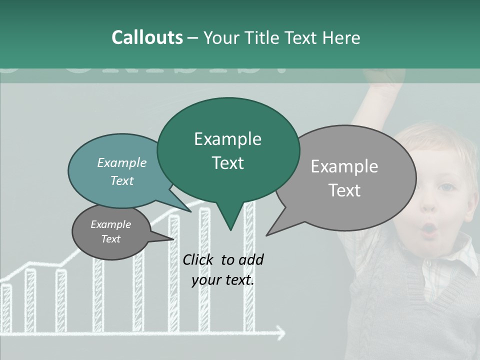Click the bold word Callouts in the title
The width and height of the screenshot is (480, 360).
click(147, 37)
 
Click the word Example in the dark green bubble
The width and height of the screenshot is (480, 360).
click(227, 139)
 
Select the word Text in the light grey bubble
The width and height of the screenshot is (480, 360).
click(344, 190)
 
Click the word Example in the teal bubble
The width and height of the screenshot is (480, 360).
click(122, 162)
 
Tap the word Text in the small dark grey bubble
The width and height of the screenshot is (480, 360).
click(110, 239)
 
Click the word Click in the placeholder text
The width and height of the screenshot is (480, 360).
click(198, 259)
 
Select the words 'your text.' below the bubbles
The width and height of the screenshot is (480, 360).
click(223, 280)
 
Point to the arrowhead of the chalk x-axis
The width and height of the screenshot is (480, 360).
click(281, 332)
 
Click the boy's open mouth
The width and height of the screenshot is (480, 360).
click(429, 229)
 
